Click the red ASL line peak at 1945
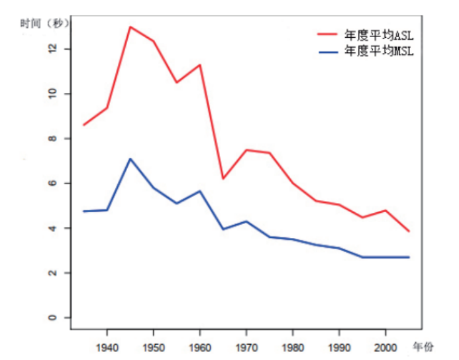(130, 27)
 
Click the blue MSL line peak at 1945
(130, 159)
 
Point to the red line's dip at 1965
(223, 178)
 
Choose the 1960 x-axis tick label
(199, 347)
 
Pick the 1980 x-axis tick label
(292, 347)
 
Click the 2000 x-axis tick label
(385, 347)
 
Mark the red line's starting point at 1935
(83, 125)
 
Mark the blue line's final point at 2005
(409, 257)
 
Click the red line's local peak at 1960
(199, 65)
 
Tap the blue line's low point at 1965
(223, 229)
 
